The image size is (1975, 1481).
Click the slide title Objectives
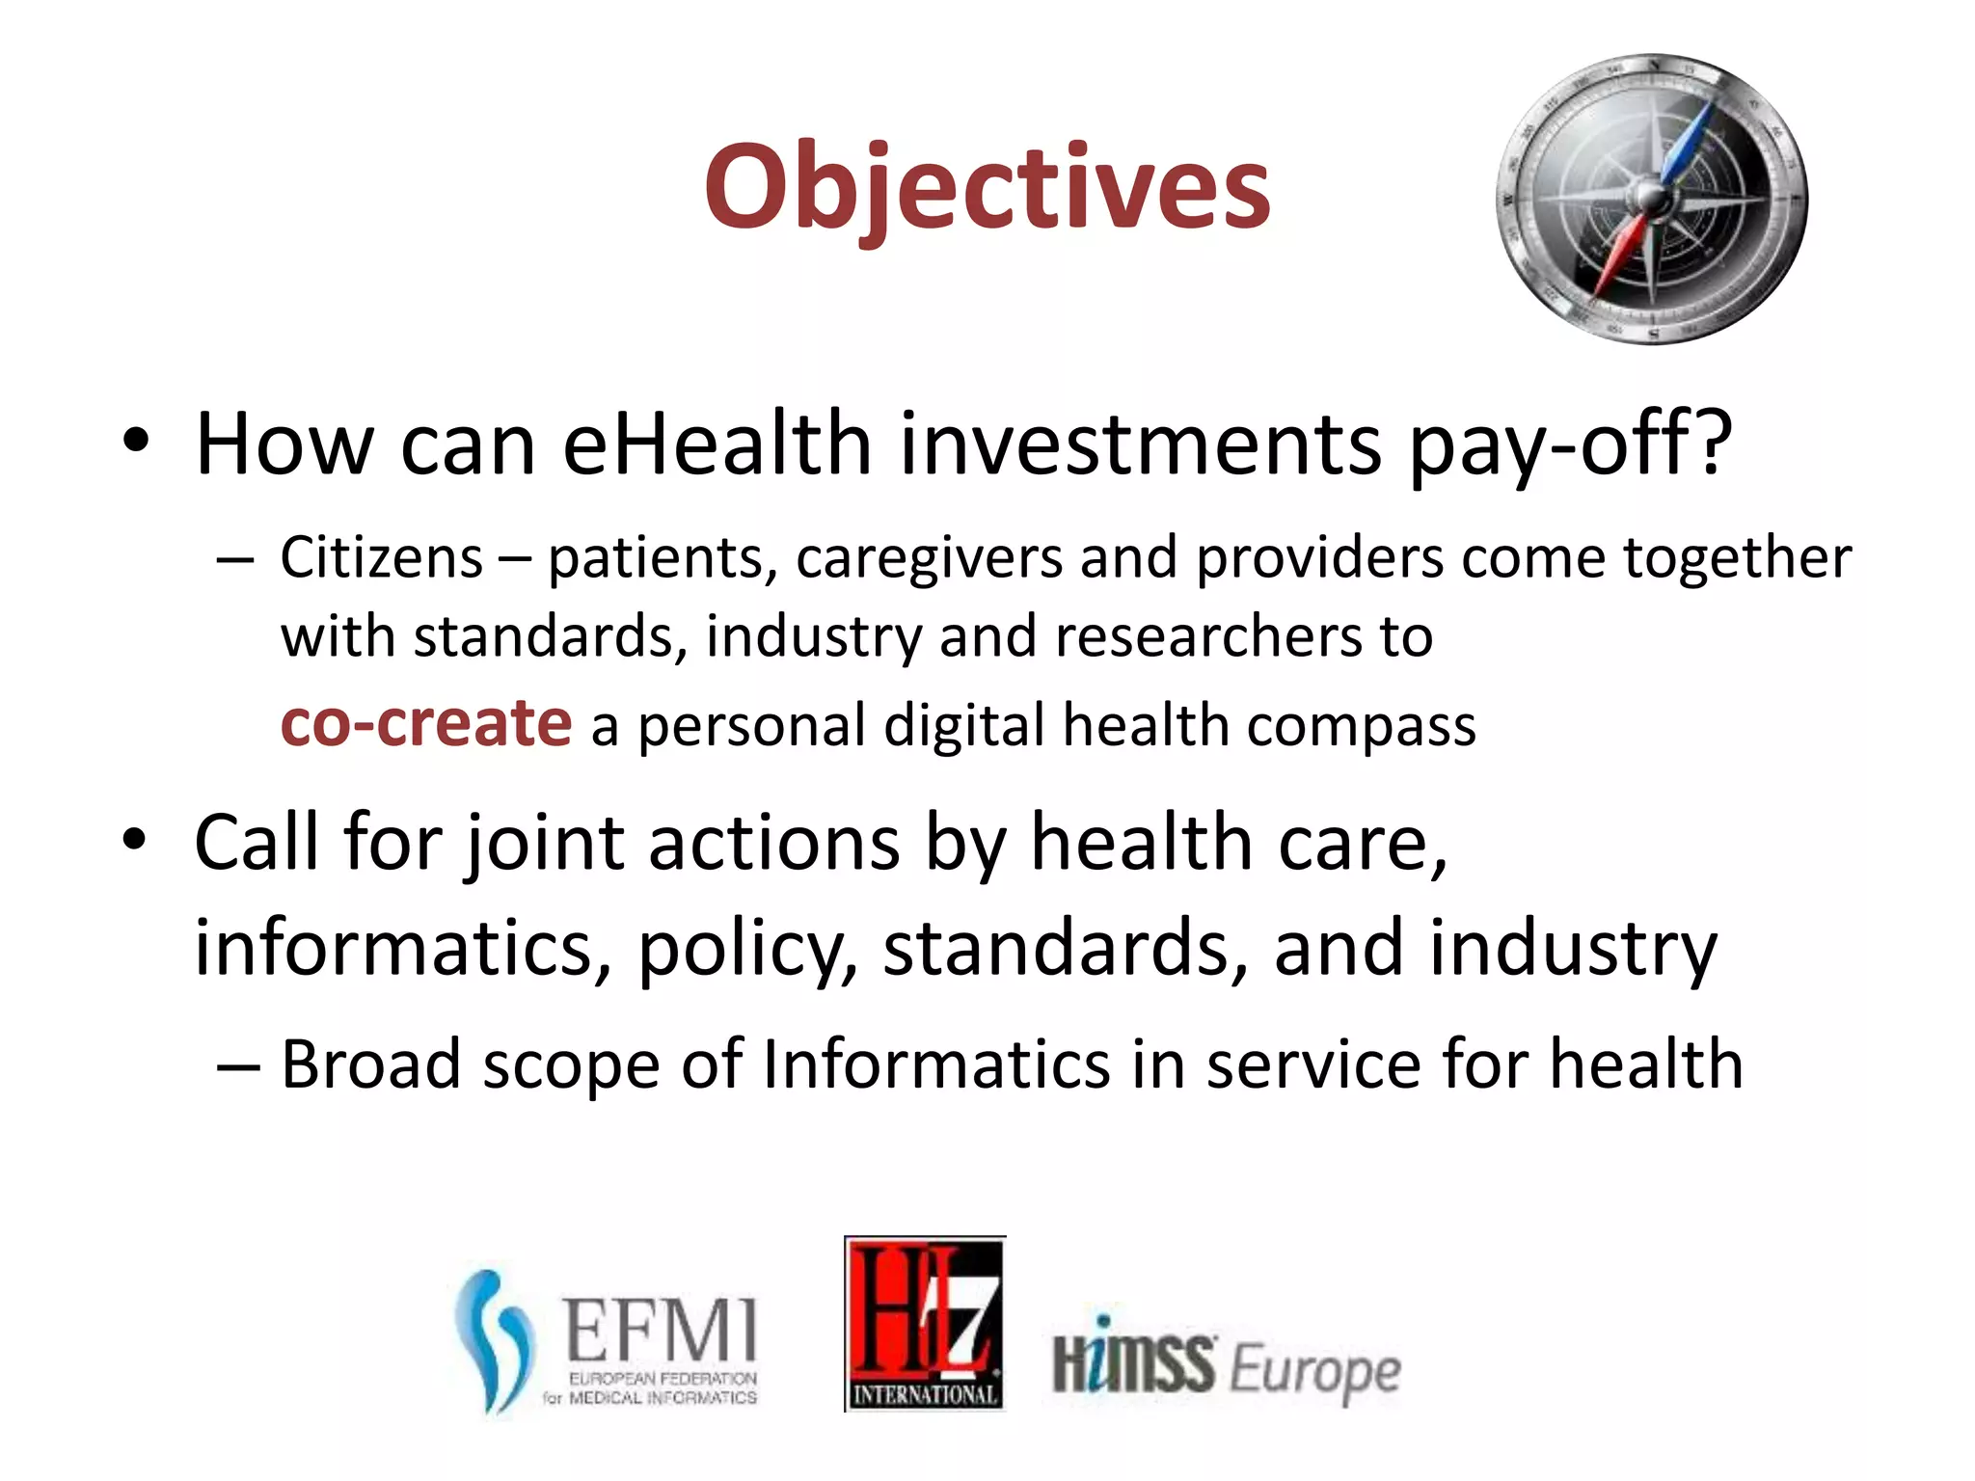click(987, 188)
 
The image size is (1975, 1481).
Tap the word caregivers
click(928, 559)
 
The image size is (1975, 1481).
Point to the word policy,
click(747, 950)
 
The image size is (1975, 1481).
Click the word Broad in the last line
click(371, 1064)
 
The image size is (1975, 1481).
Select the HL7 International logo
click(924, 1323)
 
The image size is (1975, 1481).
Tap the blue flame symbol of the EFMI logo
click(494, 1340)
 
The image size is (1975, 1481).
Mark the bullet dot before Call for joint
click(136, 840)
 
